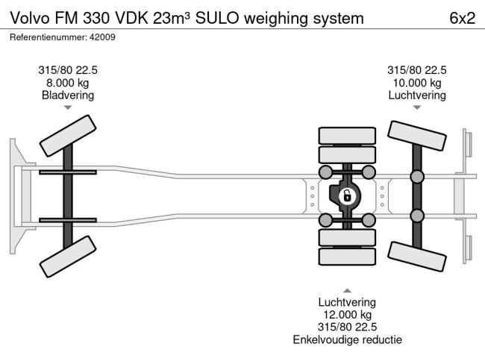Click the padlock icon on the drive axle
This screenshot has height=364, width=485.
pos(346,196)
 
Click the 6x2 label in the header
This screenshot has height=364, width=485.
pos(461,17)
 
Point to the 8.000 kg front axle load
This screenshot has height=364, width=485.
pos(68,83)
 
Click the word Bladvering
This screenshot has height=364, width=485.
pos(68,95)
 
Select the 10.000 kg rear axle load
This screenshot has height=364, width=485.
pos(416,83)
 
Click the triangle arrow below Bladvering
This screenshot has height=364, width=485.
pos(68,108)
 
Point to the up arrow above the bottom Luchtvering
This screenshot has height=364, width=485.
pos(346,290)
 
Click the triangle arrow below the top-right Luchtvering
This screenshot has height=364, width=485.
pos(416,108)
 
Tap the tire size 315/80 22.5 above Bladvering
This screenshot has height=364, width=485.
pos(68,70)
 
